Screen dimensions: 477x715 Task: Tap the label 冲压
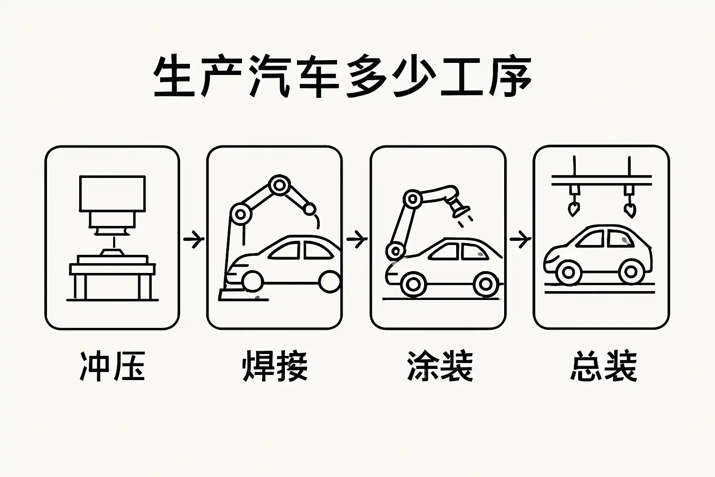[x=112, y=366]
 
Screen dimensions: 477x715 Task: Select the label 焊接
[x=275, y=366]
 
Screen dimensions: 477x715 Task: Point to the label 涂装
[x=439, y=366]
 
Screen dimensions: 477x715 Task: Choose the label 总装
[x=603, y=366]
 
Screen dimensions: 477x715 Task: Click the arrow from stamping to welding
[x=194, y=239]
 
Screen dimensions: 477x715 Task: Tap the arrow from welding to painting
[x=357, y=239]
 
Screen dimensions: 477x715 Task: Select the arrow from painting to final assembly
[x=520, y=239]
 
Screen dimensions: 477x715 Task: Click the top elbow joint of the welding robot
[x=279, y=185]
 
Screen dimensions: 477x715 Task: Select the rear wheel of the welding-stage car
[x=330, y=281]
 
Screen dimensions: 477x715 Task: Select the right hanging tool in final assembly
[x=630, y=205]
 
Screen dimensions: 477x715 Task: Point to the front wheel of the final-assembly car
[x=569, y=272]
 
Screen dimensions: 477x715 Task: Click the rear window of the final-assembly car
[x=621, y=239]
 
